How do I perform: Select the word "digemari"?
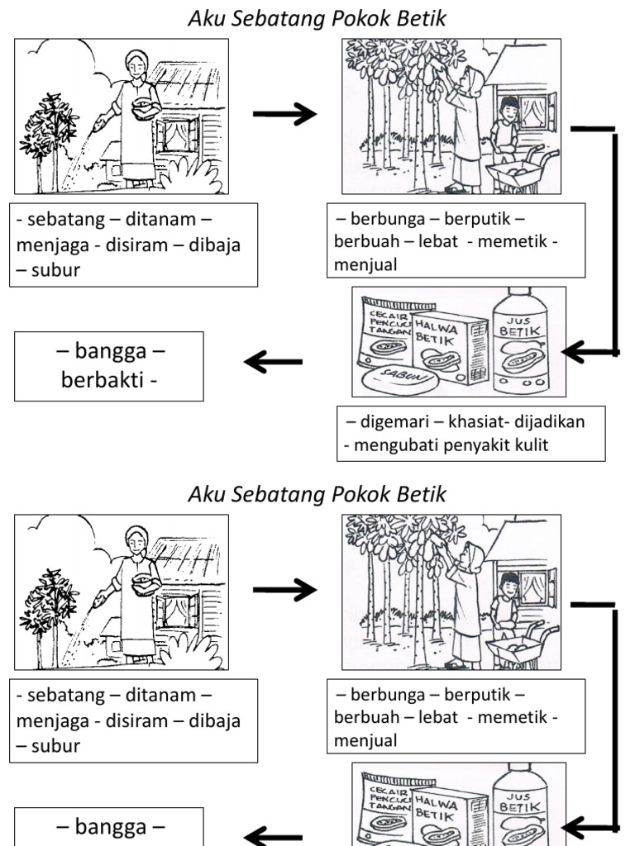395,422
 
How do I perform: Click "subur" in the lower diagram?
54,746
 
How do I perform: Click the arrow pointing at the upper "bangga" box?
274,361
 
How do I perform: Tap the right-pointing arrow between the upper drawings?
284,114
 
